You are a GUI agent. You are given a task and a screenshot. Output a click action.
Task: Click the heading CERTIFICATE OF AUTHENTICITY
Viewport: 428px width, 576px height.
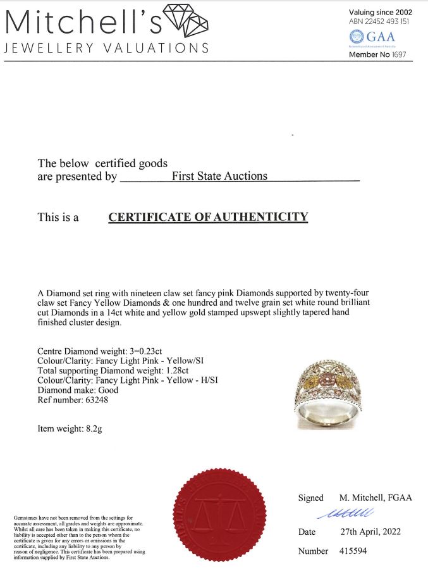208,217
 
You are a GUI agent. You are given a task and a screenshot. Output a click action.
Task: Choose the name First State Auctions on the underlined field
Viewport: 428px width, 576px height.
219,176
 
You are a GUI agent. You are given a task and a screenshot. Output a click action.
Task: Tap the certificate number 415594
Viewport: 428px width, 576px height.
352,551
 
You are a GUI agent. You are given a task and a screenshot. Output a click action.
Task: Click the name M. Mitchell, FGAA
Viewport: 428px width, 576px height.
375,498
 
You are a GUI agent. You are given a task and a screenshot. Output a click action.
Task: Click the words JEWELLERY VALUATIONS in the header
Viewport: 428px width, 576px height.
107,49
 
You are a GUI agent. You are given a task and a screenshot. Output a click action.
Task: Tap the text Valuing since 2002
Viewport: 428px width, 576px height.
381,12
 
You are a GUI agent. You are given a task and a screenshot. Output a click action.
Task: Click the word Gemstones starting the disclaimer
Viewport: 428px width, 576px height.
26,518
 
